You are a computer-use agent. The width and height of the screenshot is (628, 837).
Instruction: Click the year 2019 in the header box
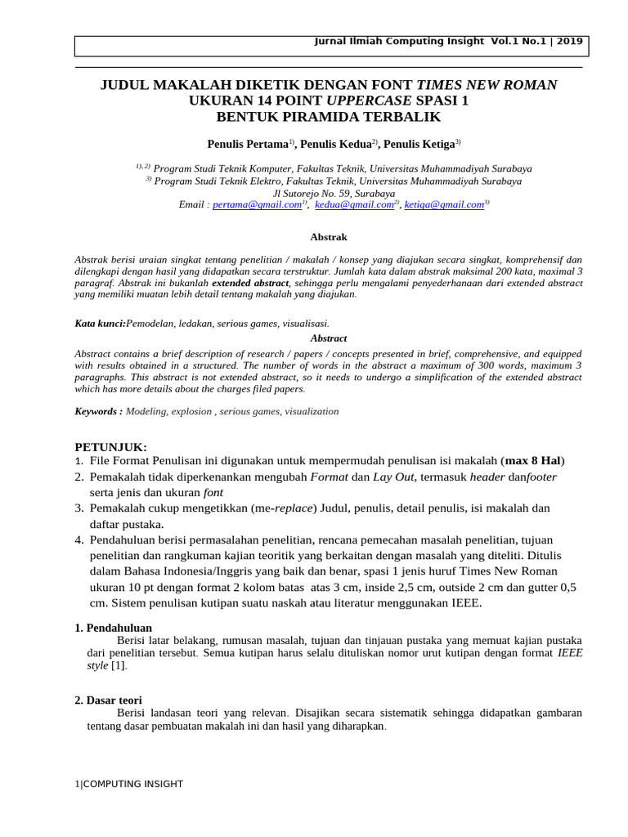pyautogui.click(x=570, y=42)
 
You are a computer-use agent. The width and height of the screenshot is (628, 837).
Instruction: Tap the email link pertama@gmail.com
pyautogui.click(x=257, y=205)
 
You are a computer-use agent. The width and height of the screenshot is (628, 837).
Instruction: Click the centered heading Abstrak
pyautogui.click(x=329, y=237)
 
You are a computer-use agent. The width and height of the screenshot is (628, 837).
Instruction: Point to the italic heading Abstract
pyautogui.click(x=329, y=338)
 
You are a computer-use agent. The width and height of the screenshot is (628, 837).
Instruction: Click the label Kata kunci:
pyautogui.click(x=101, y=324)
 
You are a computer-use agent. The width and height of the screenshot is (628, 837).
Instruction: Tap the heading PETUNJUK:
pyautogui.click(x=111, y=447)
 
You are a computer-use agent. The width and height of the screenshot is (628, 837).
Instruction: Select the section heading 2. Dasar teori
pyautogui.click(x=109, y=700)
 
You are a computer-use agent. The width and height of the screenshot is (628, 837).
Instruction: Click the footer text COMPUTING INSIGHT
pyautogui.click(x=132, y=784)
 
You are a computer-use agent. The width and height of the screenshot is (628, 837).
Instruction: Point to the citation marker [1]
pyautogui.click(x=119, y=666)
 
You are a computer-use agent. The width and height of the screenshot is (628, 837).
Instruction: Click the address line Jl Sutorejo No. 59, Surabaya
pyautogui.click(x=328, y=194)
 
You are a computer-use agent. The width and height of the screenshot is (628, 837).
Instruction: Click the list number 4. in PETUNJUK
pyautogui.click(x=79, y=539)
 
